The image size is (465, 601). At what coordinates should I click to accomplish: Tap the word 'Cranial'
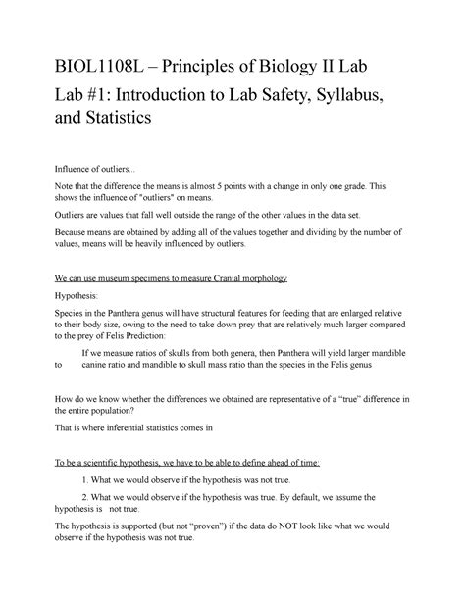pyautogui.click(x=225, y=278)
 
